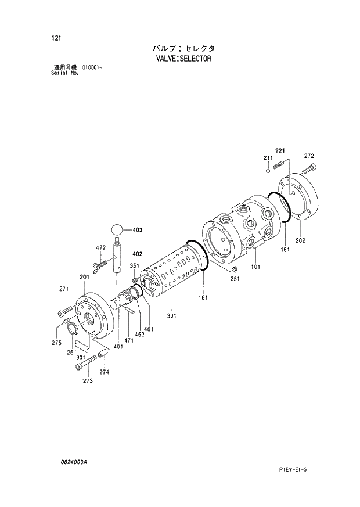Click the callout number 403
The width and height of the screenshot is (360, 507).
tap(138, 231)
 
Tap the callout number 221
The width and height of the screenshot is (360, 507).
tap(280, 151)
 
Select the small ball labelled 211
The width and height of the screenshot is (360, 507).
tap(268, 171)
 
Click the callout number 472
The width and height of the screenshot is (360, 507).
tap(100, 248)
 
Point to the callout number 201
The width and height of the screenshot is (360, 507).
tap(84, 278)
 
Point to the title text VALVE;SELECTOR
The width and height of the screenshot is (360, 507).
tap(183, 59)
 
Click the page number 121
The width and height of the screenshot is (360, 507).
tap(56, 38)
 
